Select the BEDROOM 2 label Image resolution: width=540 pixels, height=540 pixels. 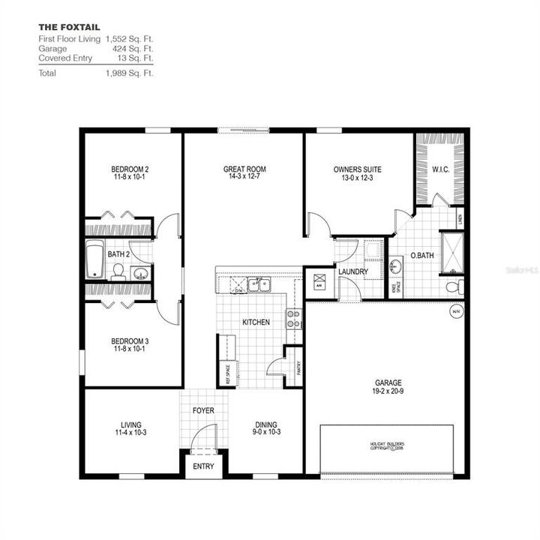point(132,169)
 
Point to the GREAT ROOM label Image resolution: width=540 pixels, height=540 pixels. point(244,169)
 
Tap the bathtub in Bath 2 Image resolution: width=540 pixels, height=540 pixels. point(94,259)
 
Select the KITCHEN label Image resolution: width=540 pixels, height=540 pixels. point(256,322)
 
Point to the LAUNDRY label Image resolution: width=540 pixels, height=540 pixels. point(352,271)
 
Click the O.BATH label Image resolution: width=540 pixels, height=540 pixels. point(423,256)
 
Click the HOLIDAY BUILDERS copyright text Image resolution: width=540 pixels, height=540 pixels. point(387,446)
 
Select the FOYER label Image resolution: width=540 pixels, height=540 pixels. point(203,411)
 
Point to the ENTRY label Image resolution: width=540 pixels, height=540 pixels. point(203,466)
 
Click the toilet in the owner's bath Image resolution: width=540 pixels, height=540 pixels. point(452,286)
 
